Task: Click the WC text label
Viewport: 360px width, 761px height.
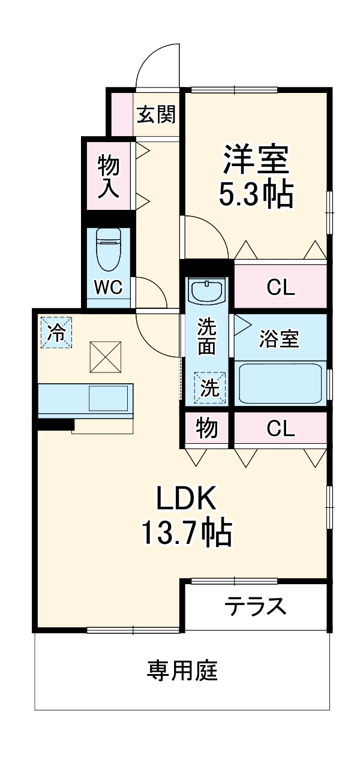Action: tap(109, 287)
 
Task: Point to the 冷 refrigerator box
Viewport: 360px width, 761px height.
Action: tap(56, 332)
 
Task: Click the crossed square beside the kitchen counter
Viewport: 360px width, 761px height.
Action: tap(106, 357)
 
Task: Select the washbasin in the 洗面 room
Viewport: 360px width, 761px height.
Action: tap(206, 292)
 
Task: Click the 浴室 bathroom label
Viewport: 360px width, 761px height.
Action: tap(279, 339)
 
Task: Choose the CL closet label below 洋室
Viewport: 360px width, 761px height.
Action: tap(281, 288)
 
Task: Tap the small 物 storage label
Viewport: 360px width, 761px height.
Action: tap(206, 429)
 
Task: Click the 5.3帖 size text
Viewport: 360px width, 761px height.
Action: tap(256, 194)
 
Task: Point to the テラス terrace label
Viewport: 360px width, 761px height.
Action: tap(256, 606)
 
